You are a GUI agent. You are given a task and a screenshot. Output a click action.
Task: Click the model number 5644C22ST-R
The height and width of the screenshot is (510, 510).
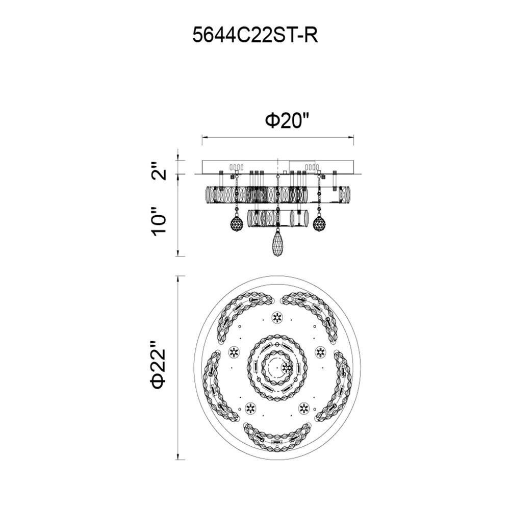coord(256,35)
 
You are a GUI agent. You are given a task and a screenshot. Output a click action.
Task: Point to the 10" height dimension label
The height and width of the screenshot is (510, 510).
coord(159,221)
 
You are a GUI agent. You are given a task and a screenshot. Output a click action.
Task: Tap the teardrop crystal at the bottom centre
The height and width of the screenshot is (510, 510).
coord(277,243)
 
